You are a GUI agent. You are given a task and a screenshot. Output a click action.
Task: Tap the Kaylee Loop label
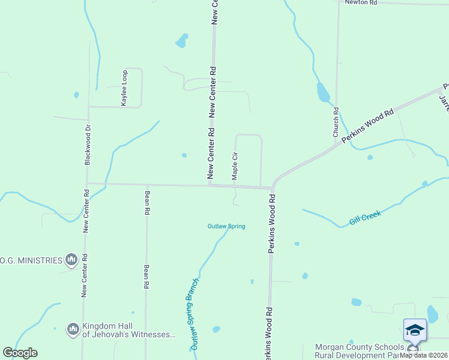[124, 88]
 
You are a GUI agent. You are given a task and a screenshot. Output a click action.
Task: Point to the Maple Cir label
[235, 166]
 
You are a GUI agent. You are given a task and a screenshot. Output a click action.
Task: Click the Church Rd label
[336, 122]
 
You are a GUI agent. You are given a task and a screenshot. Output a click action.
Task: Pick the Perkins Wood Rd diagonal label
[367, 125]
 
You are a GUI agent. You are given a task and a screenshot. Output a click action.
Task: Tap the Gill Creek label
[366, 218]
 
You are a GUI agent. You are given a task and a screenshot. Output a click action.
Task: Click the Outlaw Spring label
[226, 226]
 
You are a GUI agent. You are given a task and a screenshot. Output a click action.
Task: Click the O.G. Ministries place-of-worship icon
[72, 260]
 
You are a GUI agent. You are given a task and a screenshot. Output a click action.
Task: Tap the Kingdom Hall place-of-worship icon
[73, 329]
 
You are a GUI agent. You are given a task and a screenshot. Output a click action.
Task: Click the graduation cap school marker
[415, 330]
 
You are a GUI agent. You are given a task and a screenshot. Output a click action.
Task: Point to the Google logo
[20, 353]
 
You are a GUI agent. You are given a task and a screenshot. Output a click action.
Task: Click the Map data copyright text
[423, 355]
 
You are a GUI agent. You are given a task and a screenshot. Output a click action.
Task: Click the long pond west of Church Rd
[323, 92]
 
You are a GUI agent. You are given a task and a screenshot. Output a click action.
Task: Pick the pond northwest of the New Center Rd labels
[181, 41]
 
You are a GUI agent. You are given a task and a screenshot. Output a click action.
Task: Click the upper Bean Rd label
[146, 203]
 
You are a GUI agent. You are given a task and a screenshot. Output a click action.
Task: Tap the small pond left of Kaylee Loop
[76, 95]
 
